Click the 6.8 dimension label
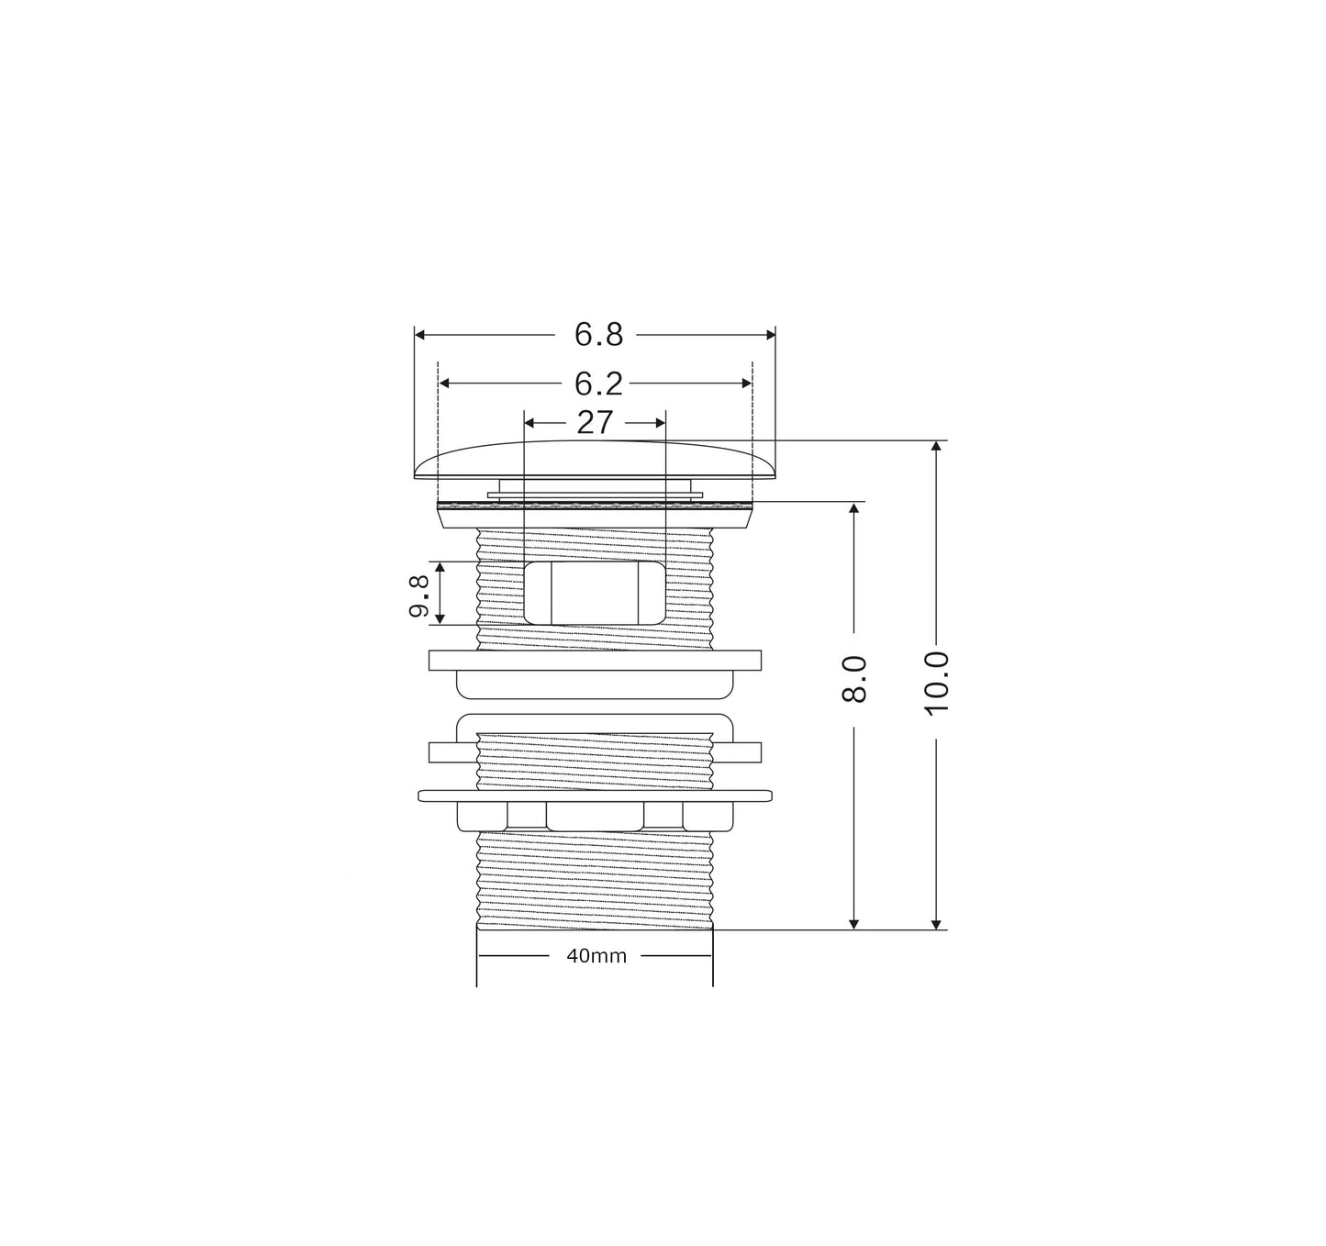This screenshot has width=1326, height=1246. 598,336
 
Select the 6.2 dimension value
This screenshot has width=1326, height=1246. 598,384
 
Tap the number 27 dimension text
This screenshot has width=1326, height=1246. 595,423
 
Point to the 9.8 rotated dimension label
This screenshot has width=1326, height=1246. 420,595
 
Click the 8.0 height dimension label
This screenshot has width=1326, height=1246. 854,679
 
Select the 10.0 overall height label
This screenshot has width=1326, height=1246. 936,683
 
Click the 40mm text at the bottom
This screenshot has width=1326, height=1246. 596,956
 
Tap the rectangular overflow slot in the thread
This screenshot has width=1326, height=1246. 595,594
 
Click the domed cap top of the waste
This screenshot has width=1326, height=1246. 595,458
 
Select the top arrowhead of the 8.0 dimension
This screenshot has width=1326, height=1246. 854,508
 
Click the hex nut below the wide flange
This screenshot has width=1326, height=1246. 595,816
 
